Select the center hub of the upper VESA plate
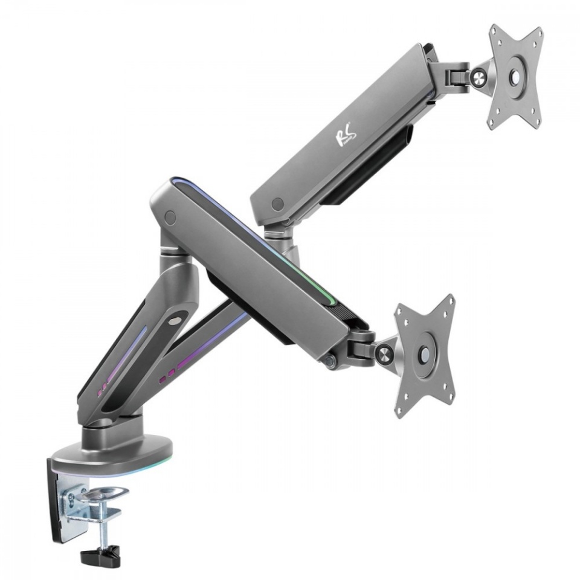515,77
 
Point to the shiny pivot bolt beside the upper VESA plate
479,76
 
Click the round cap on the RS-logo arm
277,205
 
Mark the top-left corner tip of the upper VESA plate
493,30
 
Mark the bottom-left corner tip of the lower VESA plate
398,414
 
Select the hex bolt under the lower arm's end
330,361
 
